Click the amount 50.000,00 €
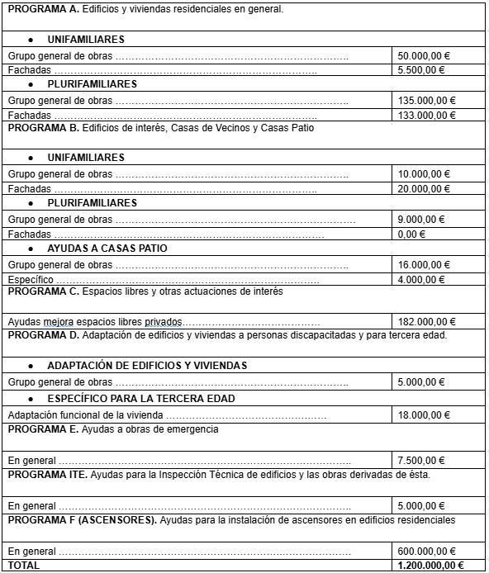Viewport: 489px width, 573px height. [423, 56]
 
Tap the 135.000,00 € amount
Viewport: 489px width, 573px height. [425, 101]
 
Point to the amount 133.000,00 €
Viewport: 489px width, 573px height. [425, 116]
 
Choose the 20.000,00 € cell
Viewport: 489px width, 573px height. [423, 189]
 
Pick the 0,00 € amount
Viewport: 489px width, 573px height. [411, 234]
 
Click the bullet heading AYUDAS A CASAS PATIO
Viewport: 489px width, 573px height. [107, 249]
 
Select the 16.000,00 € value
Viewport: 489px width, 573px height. [423, 265]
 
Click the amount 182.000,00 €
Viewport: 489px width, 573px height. [425, 322]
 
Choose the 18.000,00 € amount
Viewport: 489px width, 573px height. [423, 415]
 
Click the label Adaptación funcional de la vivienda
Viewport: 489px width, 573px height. [85, 415]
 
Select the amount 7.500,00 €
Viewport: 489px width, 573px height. [420, 461]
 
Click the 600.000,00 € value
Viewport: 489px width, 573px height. [425, 552]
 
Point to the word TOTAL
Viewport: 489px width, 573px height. [23, 566]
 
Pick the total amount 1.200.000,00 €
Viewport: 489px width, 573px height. [430, 566]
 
